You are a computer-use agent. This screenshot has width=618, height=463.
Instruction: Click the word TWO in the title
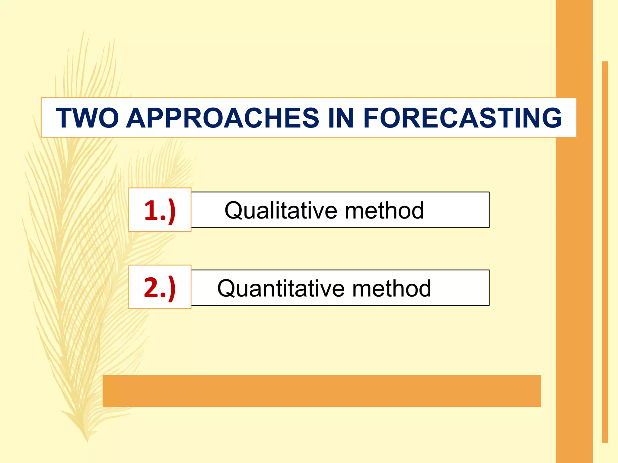coord(87,118)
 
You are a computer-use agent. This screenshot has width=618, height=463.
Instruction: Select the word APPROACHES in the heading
coord(222,118)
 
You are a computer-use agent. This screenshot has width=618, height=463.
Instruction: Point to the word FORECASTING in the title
coord(463,118)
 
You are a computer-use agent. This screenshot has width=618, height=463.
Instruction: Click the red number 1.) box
coord(160,210)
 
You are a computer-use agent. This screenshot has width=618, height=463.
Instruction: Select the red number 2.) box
coord(160,287)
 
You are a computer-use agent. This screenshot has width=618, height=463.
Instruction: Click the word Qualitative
coord(281,210)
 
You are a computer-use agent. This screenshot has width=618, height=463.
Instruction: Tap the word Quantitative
coord(281,288)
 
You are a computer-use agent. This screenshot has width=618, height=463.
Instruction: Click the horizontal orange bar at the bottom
coord(322,391)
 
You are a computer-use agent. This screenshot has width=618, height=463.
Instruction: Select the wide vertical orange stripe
coord(574,271)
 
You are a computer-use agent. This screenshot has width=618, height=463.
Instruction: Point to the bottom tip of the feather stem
coord(88,441)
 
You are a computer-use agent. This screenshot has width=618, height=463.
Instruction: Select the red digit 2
coord(152,287)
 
